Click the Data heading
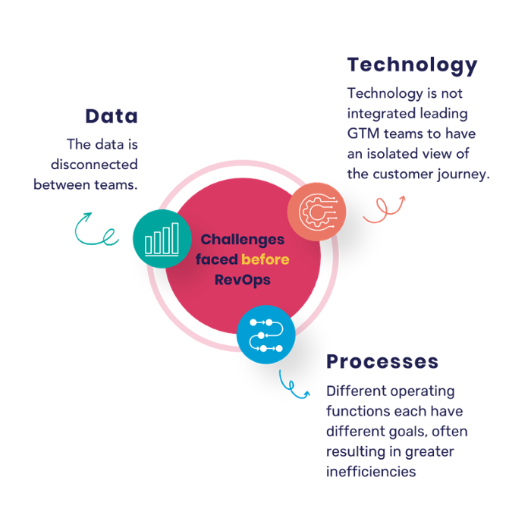pos(111,116)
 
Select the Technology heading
pos(412,65)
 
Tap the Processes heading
pos(382,361)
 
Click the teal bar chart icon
pos(162,238)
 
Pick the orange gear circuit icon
pos(316,211)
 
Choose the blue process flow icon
pos(265,334)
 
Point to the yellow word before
pos(265,259)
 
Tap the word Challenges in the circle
pos(243,240)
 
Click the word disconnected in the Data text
pos(94,164)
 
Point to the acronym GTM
pos(363,134)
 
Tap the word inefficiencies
pos(370,472)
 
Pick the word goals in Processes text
pos(410,432)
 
